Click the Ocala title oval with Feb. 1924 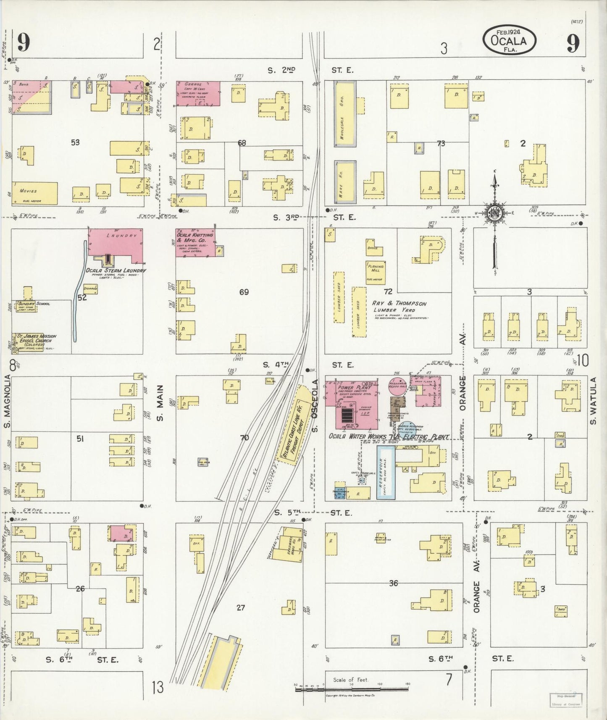[x=509, y=40]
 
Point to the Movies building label [x=29, y=191]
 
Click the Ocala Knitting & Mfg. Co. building [x=195, y=243]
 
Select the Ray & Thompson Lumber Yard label [x=399, y=307]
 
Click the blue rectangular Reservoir [x=386, y=472]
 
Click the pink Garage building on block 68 [x=197, y=93]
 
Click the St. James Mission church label [x=36, y=339]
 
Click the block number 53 [x=75, y=142]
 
